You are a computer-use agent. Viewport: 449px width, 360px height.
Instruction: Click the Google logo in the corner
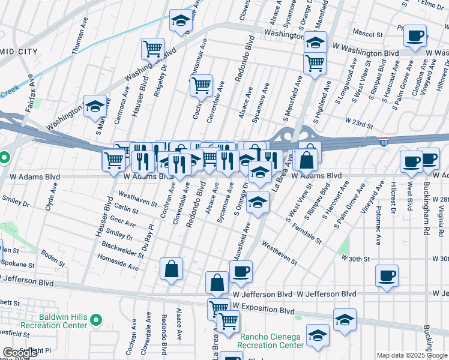coord(20,352)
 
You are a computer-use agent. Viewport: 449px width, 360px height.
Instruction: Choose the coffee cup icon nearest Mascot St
coord(414,36)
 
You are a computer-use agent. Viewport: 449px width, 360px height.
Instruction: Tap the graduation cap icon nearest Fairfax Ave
coord(95,107)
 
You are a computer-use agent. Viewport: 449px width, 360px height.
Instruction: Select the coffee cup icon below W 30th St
coord(387,275)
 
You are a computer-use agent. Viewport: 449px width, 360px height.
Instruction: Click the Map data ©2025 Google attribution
coord(412,355)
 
